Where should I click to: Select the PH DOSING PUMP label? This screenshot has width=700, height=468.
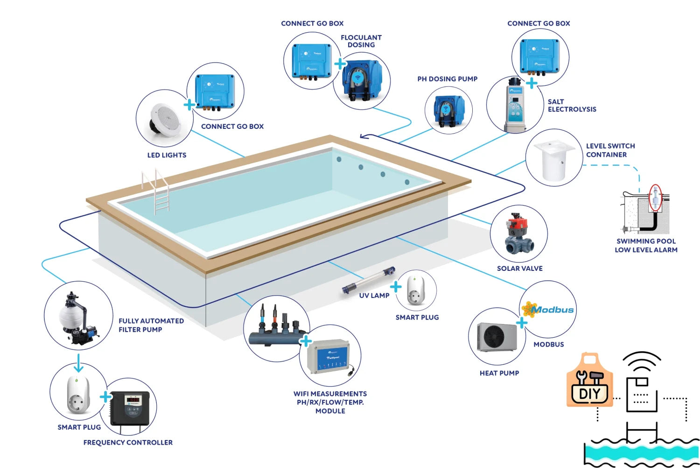coord(447,79)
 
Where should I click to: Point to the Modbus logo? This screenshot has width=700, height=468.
coord(548,309)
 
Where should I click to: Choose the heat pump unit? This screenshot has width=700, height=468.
coord(497,337)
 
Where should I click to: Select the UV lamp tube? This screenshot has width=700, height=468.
coord(368,281)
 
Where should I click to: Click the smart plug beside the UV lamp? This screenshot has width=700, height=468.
coord(415,291)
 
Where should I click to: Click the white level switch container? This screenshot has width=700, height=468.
coord(554,160)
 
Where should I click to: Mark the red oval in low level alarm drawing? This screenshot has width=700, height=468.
coord(656,198)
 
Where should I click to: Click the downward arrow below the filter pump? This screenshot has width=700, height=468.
coord(78,363)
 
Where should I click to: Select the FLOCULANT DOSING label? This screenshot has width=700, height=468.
coord(361,41)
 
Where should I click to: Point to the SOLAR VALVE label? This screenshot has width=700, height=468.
coord(519,269)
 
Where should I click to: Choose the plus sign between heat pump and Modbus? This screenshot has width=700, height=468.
coord(522,322)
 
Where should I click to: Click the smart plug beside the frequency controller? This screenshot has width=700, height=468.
coord(78,395)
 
